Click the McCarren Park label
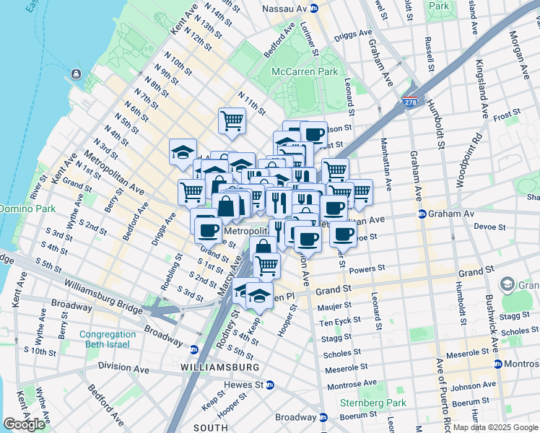click(305, 71)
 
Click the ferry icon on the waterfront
click(75, 74)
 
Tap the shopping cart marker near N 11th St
click(232, 120)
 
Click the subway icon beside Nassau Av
click(314, 8)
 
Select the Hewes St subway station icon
click(270, 385)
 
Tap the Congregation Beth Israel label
click(108, 339)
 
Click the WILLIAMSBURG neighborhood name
click(219, 367)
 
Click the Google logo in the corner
click(24, 424)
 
